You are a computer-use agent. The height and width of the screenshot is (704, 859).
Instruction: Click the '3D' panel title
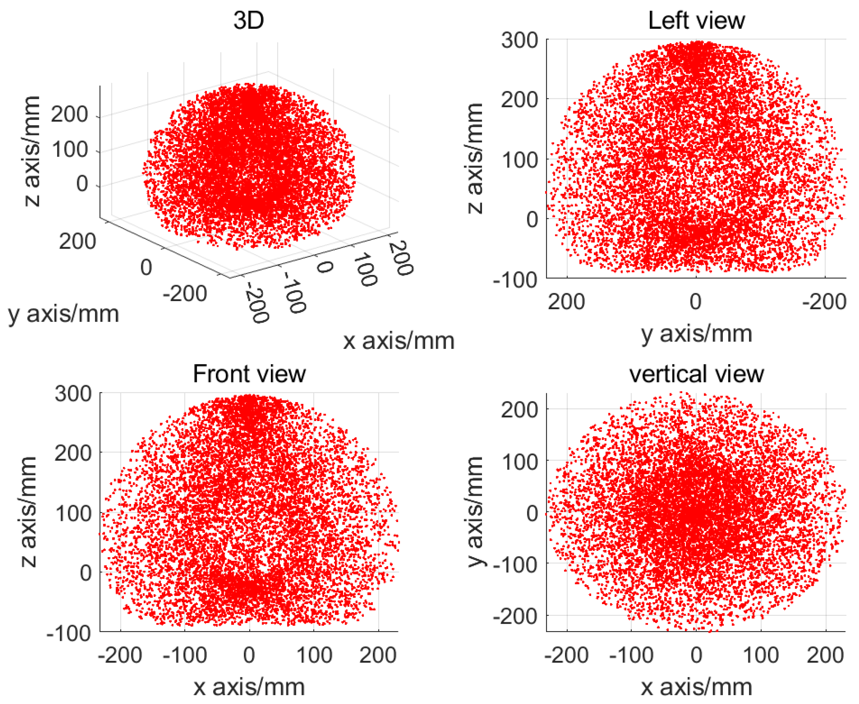[249, 20]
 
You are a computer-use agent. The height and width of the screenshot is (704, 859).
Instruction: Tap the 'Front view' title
[249, 374]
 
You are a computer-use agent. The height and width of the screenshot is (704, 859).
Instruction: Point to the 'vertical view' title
[696, 374]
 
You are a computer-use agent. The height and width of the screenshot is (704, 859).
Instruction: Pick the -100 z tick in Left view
[515, 280]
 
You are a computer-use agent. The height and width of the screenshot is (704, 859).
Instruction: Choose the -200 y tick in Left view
[824, 302]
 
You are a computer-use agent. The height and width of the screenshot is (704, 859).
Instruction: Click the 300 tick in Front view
[73, 394]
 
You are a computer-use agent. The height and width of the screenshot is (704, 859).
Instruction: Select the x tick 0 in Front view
[249, 655]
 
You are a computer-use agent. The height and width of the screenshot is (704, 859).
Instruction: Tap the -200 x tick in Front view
[120, 655]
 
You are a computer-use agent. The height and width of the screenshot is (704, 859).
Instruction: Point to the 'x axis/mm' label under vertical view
[696, 687]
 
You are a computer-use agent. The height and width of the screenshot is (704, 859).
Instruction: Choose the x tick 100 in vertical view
[760, 655]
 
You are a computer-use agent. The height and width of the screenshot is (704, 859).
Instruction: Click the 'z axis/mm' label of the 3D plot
[32, 151]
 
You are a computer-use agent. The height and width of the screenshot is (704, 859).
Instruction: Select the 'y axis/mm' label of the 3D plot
[64, 313]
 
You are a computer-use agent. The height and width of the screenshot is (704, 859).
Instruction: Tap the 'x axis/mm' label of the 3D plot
[399, 341]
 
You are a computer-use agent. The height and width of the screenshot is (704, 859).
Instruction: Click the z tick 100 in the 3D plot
[69, 150]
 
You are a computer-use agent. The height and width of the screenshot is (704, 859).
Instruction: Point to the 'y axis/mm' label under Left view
[696, 334]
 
